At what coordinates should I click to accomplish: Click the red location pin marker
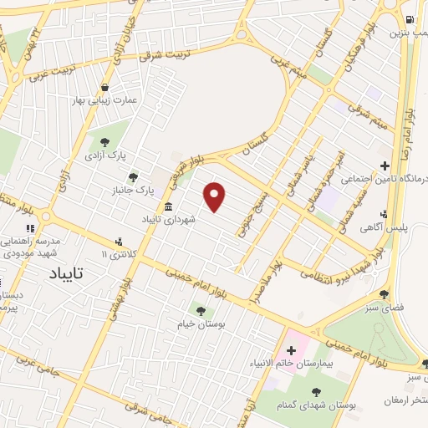216,196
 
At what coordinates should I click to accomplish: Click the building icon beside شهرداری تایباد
169,207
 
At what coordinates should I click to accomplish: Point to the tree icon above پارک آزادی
104,141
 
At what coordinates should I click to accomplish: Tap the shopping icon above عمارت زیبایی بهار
104,87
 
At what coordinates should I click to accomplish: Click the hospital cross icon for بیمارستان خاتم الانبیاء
291,348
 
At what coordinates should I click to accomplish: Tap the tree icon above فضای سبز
385,294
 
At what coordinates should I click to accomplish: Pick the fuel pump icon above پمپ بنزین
409,20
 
